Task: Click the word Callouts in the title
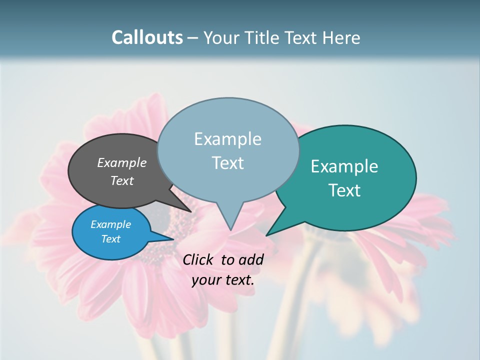[x=147, y=37]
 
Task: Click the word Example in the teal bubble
[x=344, y=166]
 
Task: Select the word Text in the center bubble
[x=227, y=163]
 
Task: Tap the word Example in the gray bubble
[x=121, y=162]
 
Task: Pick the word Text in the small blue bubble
[x=110, y=239]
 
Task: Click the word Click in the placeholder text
[x=198, y=259]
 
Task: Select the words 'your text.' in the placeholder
[x=222, y=280]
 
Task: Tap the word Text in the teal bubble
[x=344, y=190]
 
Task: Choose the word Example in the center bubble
[x=227, y=139]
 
